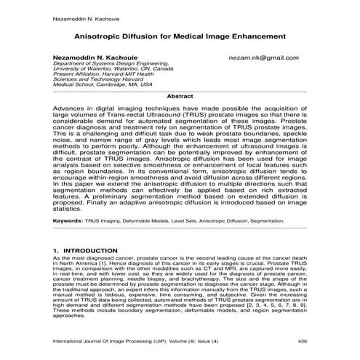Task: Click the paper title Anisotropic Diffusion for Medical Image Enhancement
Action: click(179, 35)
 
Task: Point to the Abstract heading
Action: click(180, 95)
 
